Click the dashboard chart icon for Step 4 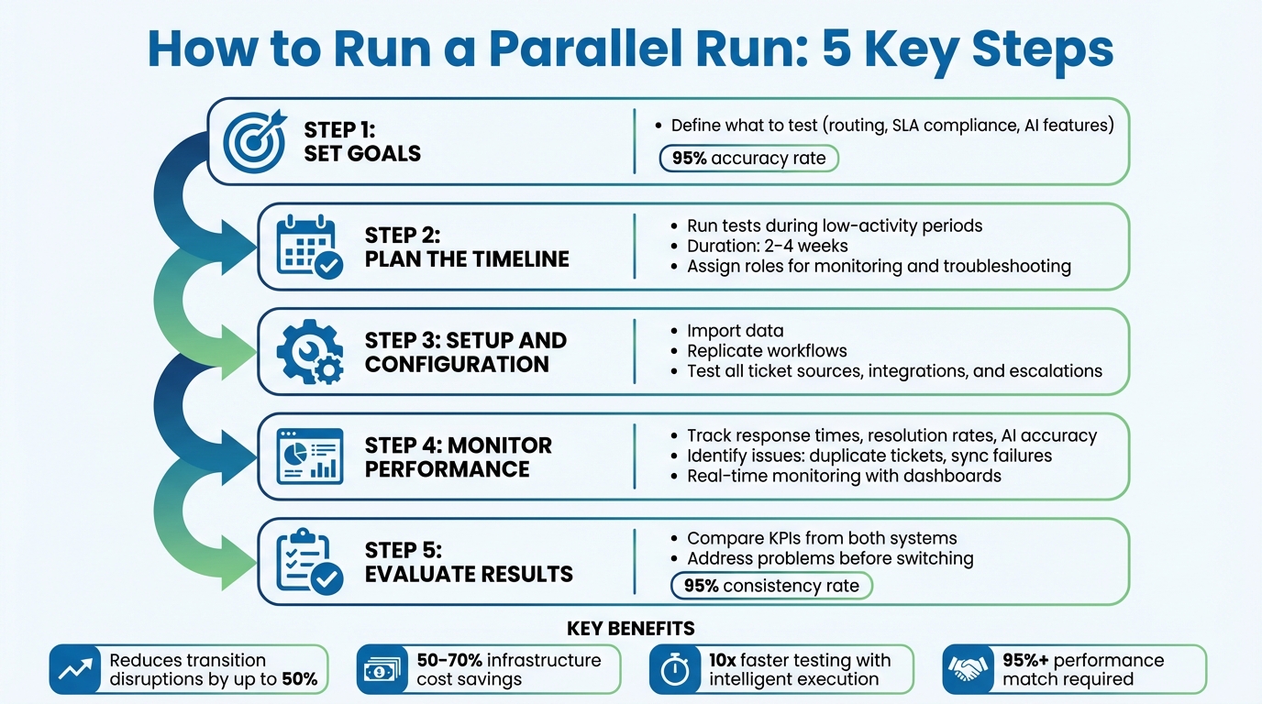pos(309,456)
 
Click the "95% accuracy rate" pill pos(748,159)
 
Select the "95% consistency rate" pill pos(771,586)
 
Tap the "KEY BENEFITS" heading pos(631,629)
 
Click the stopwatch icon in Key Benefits pos(675,670)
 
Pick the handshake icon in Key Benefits pos(969,670)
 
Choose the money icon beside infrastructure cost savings pos(382,670)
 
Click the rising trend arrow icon pos(74,670)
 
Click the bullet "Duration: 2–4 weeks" pos(767,246)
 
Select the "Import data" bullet pos(735,331)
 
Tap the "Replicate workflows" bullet pos(767,351)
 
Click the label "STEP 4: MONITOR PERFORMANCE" pos(458,456)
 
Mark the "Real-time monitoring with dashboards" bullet pos(844,476)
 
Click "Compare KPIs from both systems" pos(822,538)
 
